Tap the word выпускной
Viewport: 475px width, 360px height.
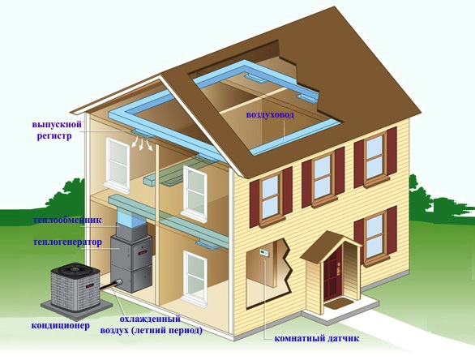tap(57, 125)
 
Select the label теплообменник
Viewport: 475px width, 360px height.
tap(67, 220)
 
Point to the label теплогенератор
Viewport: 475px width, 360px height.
tap(67, 242)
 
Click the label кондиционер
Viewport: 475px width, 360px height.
tap(61, 326)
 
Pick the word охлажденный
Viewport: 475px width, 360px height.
tap(150, 319)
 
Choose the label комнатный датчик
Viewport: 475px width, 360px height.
tap(317, 338)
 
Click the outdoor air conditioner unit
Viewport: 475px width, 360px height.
tap(75, 286)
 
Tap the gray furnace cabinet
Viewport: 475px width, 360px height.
tap(131, 263)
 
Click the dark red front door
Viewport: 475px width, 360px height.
tap(332, 275)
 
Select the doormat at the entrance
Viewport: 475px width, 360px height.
tap(339, 303)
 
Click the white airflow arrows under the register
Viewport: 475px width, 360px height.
tap(142, 143)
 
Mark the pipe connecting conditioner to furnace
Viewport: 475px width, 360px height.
tap(111, 285)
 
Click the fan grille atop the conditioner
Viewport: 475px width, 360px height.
tap(75, 268)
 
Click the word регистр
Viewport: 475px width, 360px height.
tap(54, 135)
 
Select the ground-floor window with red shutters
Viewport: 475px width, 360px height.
tap(375, 235)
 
